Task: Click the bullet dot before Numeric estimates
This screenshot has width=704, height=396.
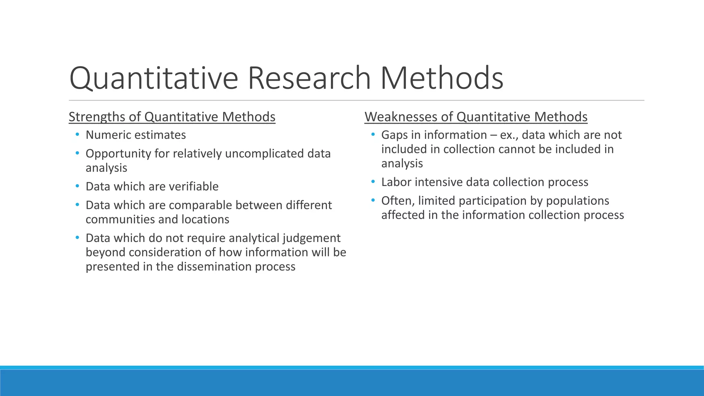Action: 77,134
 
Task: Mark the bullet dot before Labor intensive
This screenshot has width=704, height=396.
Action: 373,181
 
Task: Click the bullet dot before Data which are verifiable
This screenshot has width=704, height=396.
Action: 77,186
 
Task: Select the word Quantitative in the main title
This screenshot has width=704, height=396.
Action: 154,78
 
